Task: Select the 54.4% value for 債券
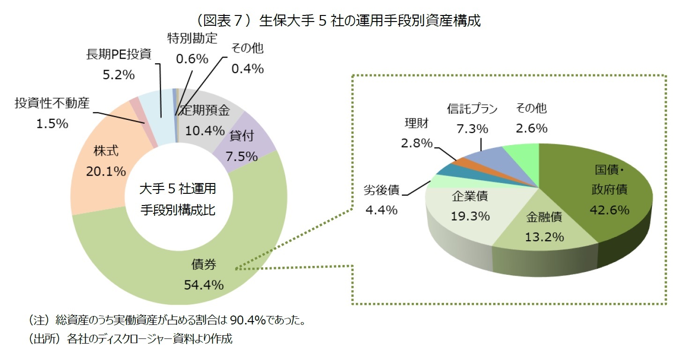(x=204, y=284)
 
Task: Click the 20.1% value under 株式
(x=106, y=171)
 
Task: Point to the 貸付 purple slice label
(x=242, y=136)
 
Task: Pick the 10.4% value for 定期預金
(x=205, y=131)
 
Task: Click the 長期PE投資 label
(x=118, y=54)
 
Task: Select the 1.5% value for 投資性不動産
(x=52, y=124)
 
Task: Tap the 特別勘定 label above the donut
(x=192, y=38)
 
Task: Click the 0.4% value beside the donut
(x=248, y=69)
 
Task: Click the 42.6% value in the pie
(x=609, y=210)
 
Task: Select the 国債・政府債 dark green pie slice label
(x=609, y=180)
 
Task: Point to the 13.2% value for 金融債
(x=544, y=237)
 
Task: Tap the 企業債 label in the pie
(x=470, y=196)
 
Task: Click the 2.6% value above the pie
(x=532, y=128)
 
